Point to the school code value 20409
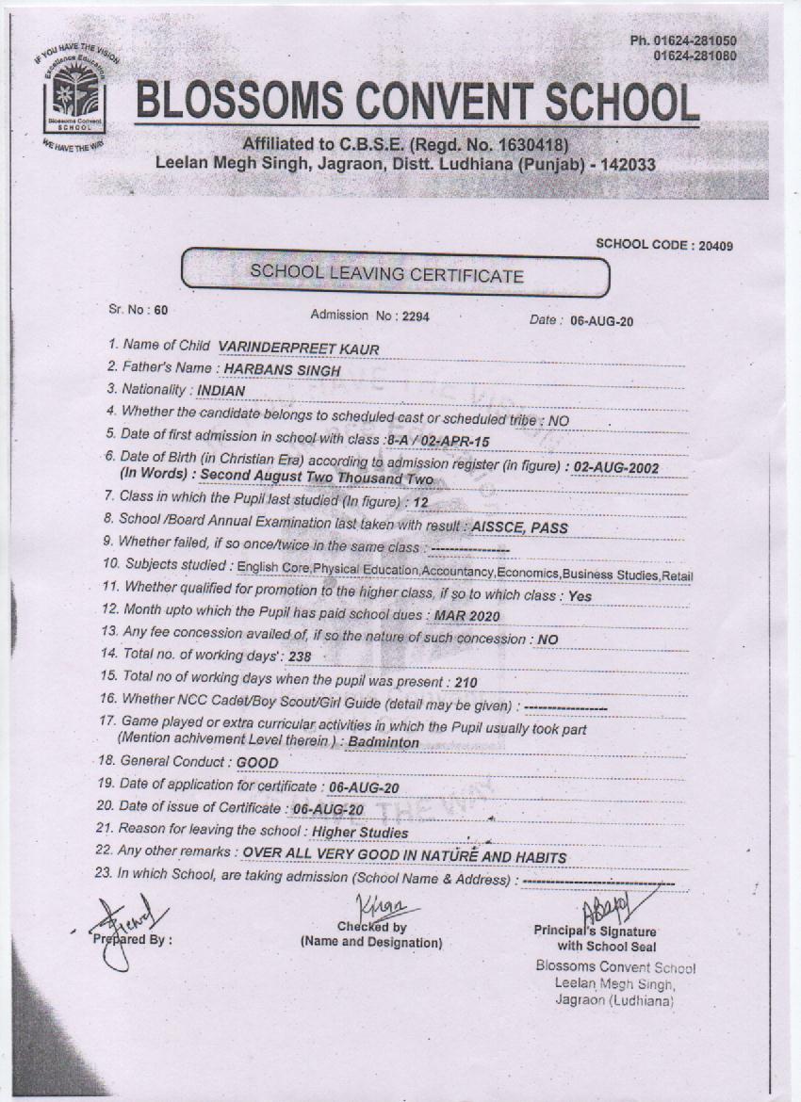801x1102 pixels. (713, 245)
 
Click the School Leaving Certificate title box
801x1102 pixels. (396, 273)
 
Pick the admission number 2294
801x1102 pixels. (415, 316)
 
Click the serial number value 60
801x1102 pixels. (161, 309)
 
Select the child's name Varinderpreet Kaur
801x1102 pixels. (298, 348)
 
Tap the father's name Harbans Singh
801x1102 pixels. (282, 370)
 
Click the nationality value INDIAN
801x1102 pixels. (222, 391)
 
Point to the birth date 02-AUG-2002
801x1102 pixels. (616, 467)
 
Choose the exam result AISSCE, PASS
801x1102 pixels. (521, 528)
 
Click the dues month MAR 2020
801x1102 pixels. (466, 616)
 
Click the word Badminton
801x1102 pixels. (384, 742)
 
